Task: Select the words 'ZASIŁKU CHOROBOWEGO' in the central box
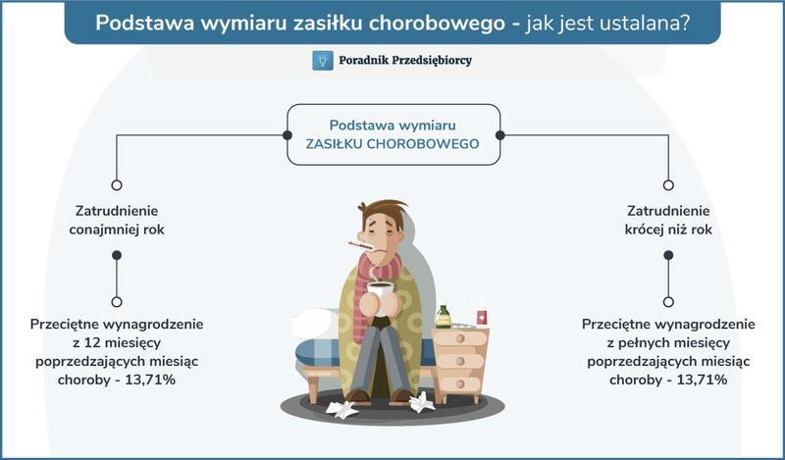coord(392,143)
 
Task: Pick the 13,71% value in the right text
coord(698,380)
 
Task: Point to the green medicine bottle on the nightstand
coord(444,316)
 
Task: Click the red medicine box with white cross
coord(482,317)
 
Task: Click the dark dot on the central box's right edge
coord(499,134)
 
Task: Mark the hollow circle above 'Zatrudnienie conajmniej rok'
coord(117,184)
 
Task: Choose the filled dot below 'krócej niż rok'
coord(668,255)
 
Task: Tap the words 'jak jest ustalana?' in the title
coord(609,22)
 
